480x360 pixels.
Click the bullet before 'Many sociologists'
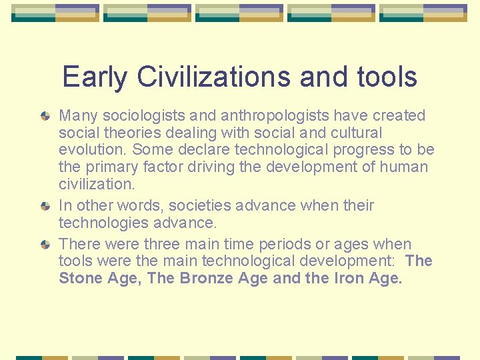pyautogui.click(x=45, y=116)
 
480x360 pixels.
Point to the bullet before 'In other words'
pyautogui.click(x=45, y=206)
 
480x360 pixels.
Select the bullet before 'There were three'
pyautogui.click(x=45, y=245)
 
